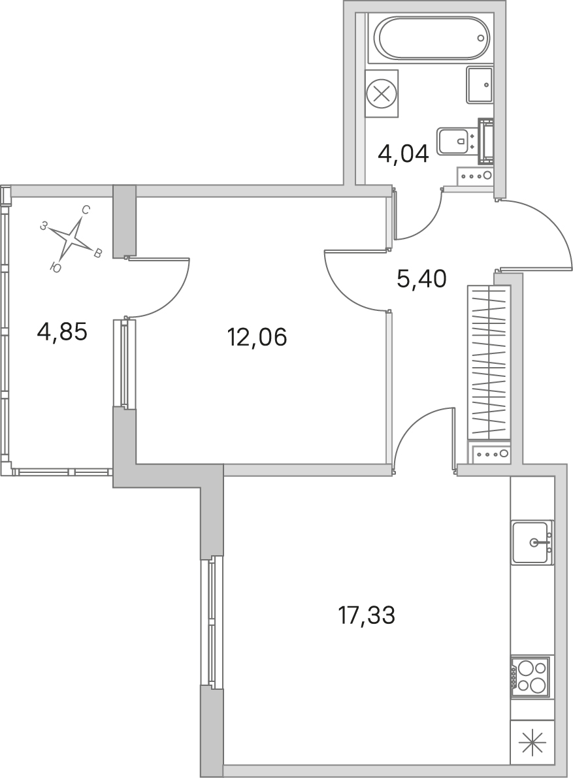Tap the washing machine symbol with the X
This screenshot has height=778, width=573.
click(382, 94)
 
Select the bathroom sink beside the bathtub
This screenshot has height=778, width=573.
click(480, 85)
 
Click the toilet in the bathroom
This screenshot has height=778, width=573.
click(457, 140)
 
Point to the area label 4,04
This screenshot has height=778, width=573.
click(403, 155)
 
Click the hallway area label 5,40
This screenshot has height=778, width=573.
click(421, 279)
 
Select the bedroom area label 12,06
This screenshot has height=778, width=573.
click(257, 338)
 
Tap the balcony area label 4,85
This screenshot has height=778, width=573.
click(62, 331)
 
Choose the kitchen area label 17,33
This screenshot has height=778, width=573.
click(366, 615)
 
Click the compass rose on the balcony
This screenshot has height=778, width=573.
click(73, 238)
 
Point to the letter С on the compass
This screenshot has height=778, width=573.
click(86, 210)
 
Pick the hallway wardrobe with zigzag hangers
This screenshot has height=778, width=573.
click(489, 362)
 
